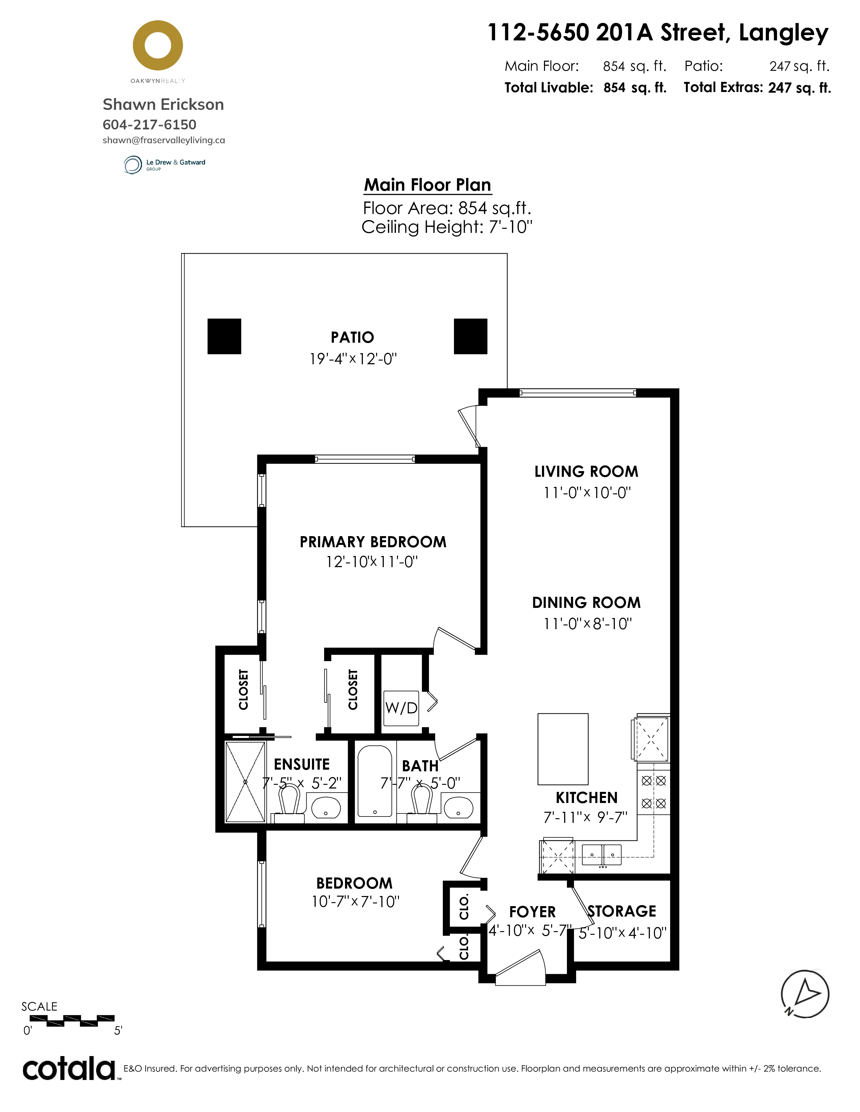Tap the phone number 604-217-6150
point(149,125)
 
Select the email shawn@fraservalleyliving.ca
point(164,140)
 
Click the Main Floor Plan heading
point(427,185)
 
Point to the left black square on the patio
point(224,336)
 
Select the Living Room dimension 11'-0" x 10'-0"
point(587,493)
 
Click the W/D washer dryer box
point(401,708)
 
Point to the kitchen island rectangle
point(563,749)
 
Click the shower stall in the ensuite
point(245,782)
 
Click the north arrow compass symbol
point(805,994)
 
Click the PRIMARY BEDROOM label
point(373,542)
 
